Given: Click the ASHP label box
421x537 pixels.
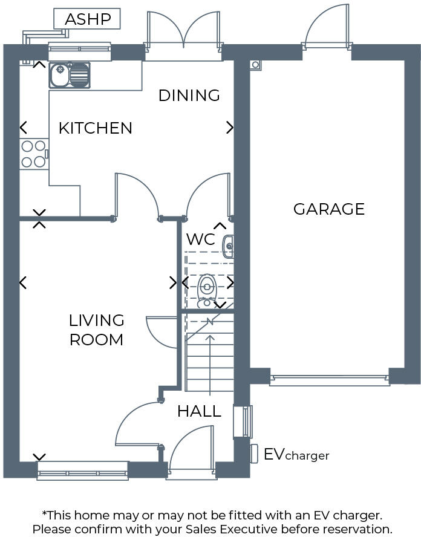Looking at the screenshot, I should coord(88,19).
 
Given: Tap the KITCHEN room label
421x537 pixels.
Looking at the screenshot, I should coord(95,128).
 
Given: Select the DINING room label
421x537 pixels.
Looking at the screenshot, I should coord(189,96).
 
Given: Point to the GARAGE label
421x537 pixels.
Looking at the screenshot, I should coord(329,209).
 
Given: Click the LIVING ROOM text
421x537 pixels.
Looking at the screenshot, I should coord(96,330).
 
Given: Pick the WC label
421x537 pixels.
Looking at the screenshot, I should coord(200,239).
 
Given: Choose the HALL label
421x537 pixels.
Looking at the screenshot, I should coord(199,412).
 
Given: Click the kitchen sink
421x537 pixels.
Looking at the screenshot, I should coord(69,75).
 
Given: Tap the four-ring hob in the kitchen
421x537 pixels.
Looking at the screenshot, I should coord(33,154).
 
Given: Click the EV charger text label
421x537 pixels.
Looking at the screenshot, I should coord(296,455).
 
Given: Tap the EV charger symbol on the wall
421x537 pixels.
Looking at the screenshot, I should coord(254,454).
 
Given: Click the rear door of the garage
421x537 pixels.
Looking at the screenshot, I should coord(327,30).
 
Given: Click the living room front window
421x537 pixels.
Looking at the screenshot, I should coord(83,470).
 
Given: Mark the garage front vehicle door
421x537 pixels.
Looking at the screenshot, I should coord(330,380).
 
